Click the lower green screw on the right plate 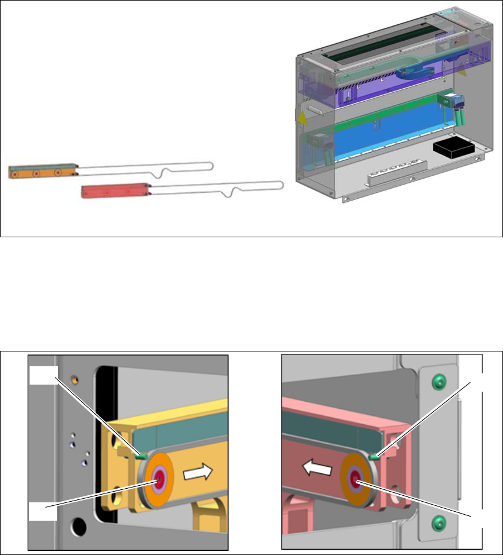tap(438, 522)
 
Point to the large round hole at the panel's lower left tap(77, 524)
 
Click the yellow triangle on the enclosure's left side tap(302, 118)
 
